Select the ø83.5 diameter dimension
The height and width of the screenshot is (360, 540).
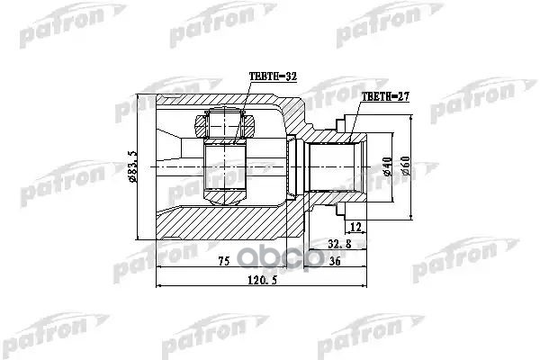click(x=133, y=166)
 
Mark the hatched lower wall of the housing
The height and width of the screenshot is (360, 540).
click(x=225, y=225)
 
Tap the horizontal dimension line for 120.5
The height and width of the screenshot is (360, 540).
click(x=207, y=286)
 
